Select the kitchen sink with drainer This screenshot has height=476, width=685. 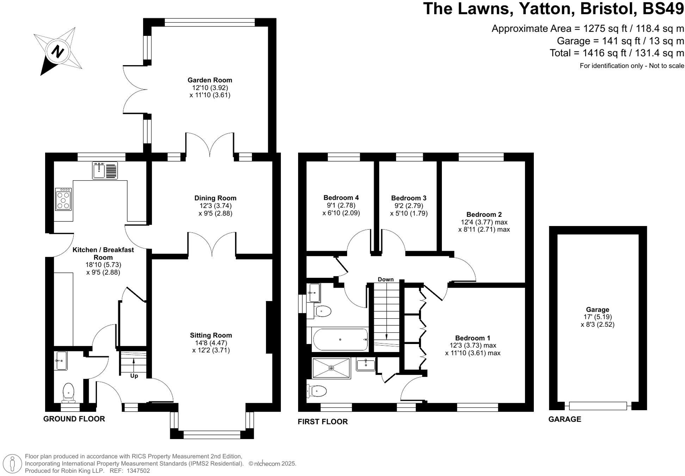tap(105, 170)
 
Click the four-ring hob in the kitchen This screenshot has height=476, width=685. tap(63, 200)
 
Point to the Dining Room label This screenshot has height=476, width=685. tap(215, 198)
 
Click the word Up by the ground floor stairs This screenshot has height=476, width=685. tap(134, 376)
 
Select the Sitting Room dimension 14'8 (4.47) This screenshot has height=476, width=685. tap(211, 343)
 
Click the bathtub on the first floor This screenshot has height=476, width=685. tap(340, 339)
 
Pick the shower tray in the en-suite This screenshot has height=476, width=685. tap(331, 368)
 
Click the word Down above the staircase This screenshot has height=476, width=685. tap(385, 279)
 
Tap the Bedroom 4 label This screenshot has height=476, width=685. tap(341, 198)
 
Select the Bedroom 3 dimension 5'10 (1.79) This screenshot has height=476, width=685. tap(409, 213)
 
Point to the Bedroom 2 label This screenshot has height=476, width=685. tap(484, 214)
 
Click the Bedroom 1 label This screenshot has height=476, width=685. tap(472, 338)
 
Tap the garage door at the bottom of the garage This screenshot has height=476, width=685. tap(598, 406)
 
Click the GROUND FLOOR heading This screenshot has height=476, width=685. tap(74, 419)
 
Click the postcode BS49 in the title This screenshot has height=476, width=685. tap(663, 8)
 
